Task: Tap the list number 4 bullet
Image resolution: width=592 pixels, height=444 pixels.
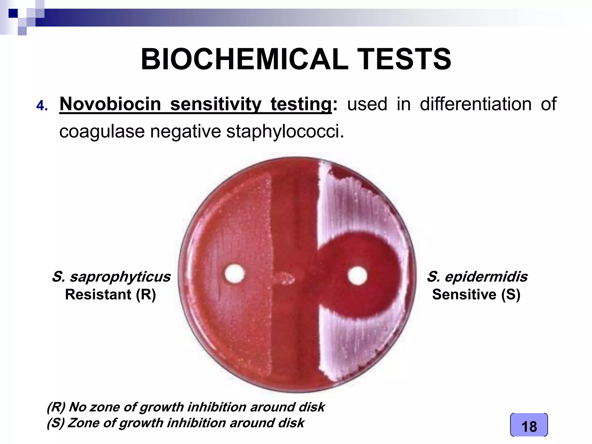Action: [42, 106]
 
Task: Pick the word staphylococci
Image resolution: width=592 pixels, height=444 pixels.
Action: [285, 132]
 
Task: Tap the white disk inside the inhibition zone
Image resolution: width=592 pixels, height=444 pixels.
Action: [357, 275]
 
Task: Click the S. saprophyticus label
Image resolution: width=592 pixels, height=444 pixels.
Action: [111, 277]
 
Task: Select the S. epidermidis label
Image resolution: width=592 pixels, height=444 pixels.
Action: [477, 277]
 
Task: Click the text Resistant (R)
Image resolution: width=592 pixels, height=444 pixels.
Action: [110, 295]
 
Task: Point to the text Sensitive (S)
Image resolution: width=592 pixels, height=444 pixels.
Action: [476, 295]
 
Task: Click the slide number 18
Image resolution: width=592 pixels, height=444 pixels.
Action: [529, 427]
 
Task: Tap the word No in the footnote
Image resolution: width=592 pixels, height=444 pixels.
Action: [78, 407]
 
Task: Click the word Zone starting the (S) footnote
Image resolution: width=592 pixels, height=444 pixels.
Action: [84, 423]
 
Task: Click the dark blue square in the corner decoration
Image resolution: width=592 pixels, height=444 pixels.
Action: [13, 13]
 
